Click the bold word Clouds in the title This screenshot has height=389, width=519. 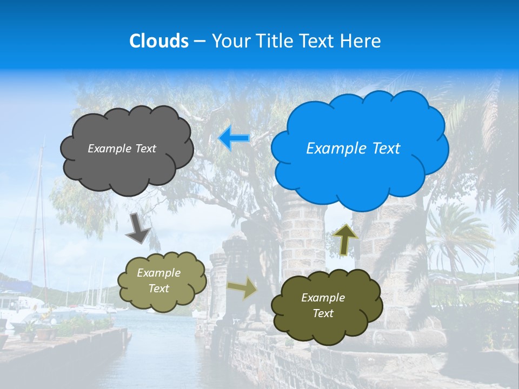(x=158, y=41)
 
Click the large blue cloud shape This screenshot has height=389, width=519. (x=360, y=178)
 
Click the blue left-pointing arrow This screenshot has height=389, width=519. (x=234, y=138)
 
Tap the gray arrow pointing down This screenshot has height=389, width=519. (x=138, y=229)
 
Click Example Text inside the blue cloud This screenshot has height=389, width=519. (x=353, y=149)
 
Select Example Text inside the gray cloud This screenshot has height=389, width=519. (x=122, y=149)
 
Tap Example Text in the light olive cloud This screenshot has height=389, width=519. (x=158, y=281)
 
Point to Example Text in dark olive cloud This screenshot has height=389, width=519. (x=323, y=305)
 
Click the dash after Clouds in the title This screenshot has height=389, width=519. (x=199, y=42)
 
